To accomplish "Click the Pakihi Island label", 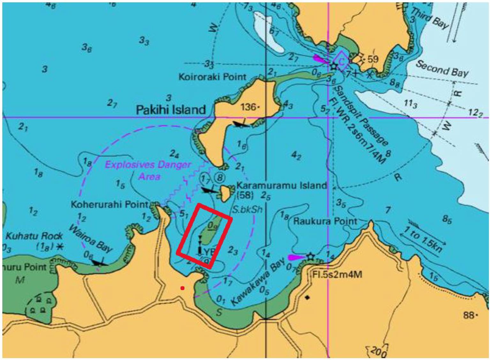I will [x=171, y=110].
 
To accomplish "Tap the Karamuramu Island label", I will [x=282, y=186].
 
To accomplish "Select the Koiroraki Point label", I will [x=212, y=77].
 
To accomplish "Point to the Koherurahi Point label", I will [x=109, y=204].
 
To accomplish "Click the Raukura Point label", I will [x=325, y=221].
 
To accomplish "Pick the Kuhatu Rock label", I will [x=34, y=237].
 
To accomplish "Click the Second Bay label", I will [x=442, y=69].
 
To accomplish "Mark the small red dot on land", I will [x=182, y=288].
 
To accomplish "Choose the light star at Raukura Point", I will [x=310, y=257].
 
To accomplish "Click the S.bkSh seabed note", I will [x=247, y=210].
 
